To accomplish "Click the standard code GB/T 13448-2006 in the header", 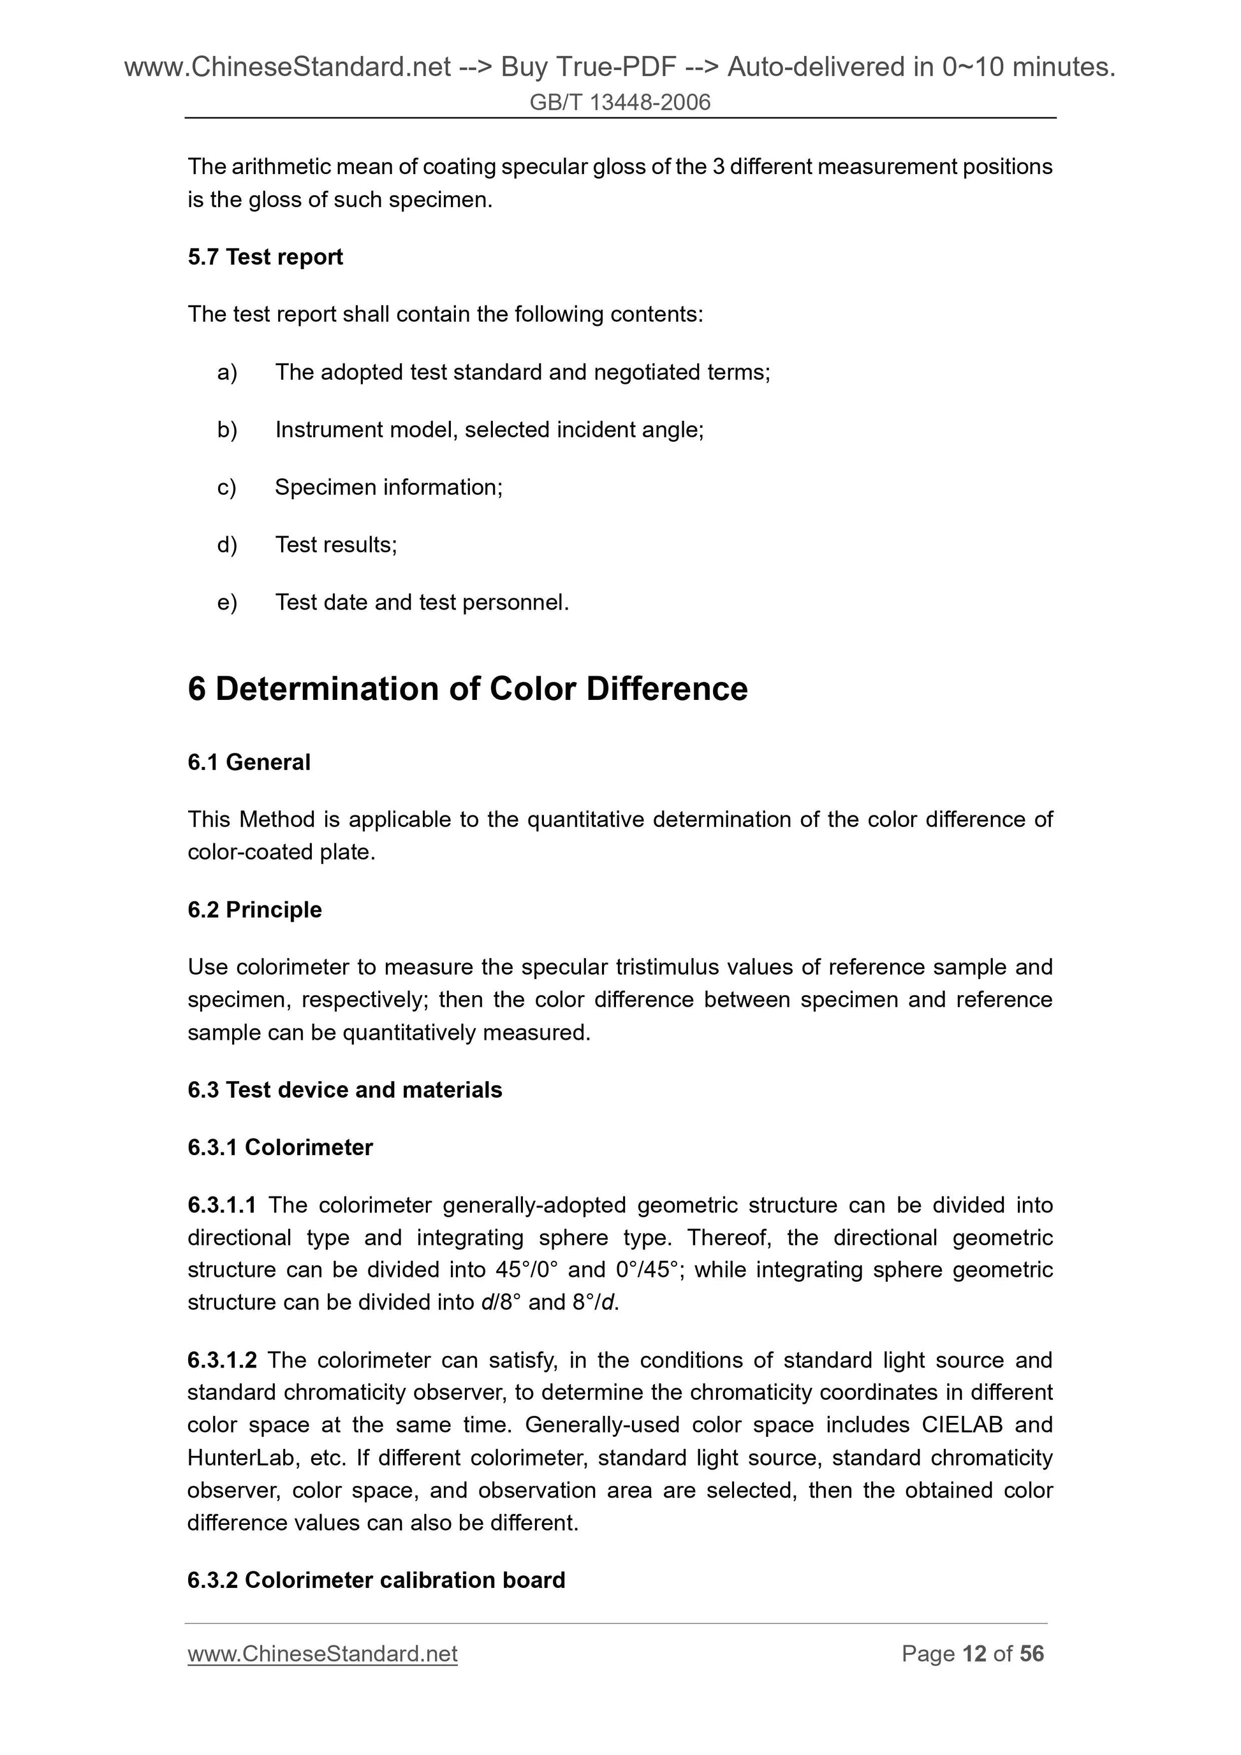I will [x=620, y=103].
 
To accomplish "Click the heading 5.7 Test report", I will [x=265, y=257].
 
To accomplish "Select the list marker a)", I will [x=227, y=372].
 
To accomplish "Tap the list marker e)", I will [x=227, y=603].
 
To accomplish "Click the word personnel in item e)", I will [x=527, y=603].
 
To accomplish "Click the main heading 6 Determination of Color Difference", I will [x=467, y=688].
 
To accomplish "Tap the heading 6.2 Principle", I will [x=254, y=910].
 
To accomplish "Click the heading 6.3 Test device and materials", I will [x=345, y=1090].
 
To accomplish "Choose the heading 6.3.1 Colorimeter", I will [x=280, y=1147].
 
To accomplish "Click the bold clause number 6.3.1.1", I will [x=222, y=1205].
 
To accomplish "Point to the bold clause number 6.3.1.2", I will [x=222, y=1360].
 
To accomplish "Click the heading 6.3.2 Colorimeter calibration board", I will [x=376, y=1580].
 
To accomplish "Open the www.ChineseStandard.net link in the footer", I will [x=322, y=1654].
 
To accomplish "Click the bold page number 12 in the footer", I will [x=974, y=1654].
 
